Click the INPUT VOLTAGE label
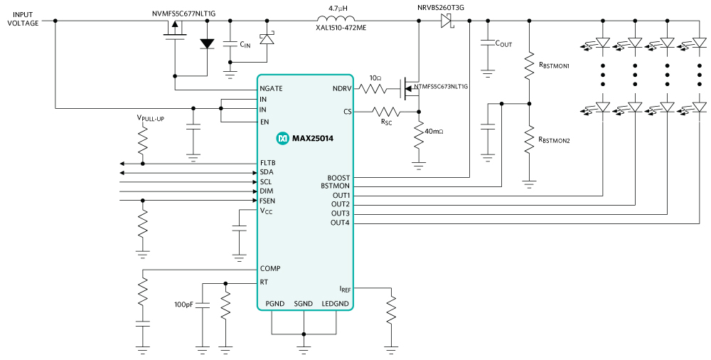click(x=23, y=18)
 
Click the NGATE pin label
click(x=272, y=89)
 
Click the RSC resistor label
click(x=386, y=122)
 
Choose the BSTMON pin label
click(x=335, y=186)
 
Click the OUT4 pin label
click(x=340, y=223)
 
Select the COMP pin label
click(x=270, y=269)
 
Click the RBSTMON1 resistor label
click(x=555, y=65)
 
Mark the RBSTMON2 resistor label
click(x=555, y=140)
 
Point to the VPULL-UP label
click(x=150, y=118)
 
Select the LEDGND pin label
click(x=335, y=304)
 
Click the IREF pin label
click(x=344, y=289)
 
